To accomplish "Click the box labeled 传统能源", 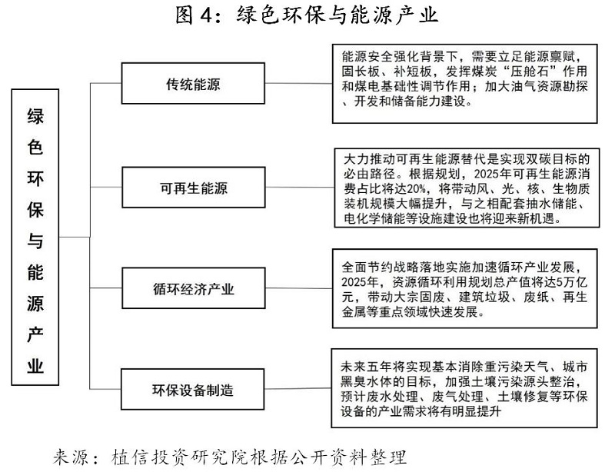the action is click(193, 83).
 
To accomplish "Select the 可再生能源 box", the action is click(194, 187).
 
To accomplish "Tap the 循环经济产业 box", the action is click(194, 288).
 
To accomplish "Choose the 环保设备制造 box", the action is click(193, 389).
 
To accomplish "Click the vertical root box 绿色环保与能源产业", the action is click(35, 237).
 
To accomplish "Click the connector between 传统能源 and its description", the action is click(299, 83).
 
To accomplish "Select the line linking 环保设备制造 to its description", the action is click(298, 388).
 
